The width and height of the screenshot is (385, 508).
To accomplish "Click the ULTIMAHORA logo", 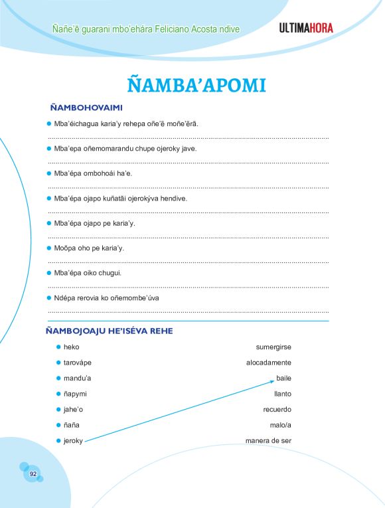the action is pyautogui.click(x=306, y=28).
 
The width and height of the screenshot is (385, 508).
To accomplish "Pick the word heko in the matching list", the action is pyautogui.click(x=71, y=347).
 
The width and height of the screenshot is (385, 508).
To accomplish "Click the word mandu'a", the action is pyautogui.click(x=77, y=379).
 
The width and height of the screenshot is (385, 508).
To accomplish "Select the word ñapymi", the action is pyautogui.click(x=76, y=394).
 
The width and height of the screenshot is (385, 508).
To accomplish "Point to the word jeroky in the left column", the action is pyautogui.click(x=73, y=441).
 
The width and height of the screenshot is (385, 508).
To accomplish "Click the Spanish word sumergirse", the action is pyautogui.click(x=273, y=347).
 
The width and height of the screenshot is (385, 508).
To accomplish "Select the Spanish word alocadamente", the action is pyautogui.click(x=268, y=363).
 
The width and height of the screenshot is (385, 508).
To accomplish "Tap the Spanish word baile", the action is pyautogui.click(x=283, y=379).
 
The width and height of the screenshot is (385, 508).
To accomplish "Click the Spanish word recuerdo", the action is pyautogui.click(x=277, y=410).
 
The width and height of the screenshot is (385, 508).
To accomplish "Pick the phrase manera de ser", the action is pyautogui.click(x=268, y=441).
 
